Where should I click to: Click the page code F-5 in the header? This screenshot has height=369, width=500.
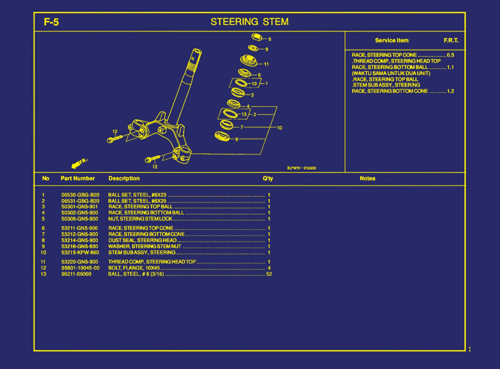pyautogui.click(x=51, y=22)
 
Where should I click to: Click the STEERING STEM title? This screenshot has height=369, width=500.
pyautogui.click(x=249, y=22)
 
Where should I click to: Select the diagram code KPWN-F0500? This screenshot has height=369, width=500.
pyautogui.click(x=301, y=168)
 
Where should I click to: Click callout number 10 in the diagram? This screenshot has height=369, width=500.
pyautogui.click(x=279, y=128)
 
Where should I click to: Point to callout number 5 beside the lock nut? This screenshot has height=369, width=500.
pyautogui.click(x=270, y=39)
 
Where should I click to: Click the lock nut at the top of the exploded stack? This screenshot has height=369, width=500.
pyautogui.click(x=257, y=37)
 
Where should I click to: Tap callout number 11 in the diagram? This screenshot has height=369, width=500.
pyautogui.click(x=266, y=64)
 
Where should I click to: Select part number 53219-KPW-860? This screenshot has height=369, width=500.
pyautogui.click(x=80, y=252)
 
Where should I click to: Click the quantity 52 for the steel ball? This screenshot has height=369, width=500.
pyautogui.click(x=269, y=274)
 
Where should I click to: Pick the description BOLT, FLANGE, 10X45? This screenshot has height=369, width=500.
pyautogui.click(x=134, y=268)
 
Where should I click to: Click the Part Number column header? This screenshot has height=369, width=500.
pyautogui.click(x=78, y=178)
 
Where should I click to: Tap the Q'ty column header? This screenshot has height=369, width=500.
pyautogui.click(x=268, y=178)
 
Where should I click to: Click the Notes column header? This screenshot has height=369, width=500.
pyautogui.click(x=367, y=178)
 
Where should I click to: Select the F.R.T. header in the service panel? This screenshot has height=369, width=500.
pyautogui.click(x=451, y=41)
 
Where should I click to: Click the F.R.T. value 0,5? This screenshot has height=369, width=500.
pyautogui.click(x=450, y=55)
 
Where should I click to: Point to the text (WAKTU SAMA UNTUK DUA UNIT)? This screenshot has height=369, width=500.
pyautogui.click(x=391, y=73)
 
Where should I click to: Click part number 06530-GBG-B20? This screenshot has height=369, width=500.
pyautogui.click(x=80, y=195)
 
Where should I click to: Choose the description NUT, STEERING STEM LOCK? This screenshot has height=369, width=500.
pyautogui.click(x=140, y=219)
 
